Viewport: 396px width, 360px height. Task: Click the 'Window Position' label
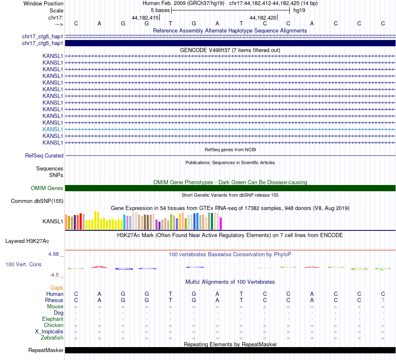43,3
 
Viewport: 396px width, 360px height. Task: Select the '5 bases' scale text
160,10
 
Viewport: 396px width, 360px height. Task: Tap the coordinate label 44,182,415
145,17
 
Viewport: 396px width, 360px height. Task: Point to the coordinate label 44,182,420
263,17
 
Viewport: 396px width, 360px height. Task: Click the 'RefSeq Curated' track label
44,155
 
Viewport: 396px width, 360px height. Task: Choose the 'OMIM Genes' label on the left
47,188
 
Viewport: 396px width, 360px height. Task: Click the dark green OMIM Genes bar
230,188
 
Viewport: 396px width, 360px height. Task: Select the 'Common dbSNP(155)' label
37,201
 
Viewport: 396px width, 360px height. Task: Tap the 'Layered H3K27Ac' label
27,241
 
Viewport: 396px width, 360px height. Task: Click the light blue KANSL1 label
53,129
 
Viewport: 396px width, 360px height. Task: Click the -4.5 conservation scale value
56,275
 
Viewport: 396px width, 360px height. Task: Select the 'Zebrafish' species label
53,338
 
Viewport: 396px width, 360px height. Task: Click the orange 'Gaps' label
57,287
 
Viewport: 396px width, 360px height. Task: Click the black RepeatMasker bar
230,350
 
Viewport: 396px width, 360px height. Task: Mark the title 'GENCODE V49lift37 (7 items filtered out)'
230,50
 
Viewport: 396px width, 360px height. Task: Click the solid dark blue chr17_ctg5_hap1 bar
230,43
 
